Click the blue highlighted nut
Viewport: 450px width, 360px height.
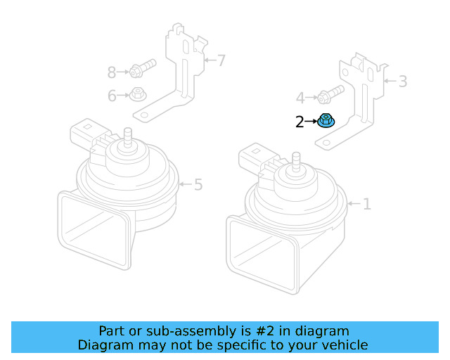[326, 121]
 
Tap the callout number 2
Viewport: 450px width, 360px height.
[300, 122]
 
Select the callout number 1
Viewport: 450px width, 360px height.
[366, 205]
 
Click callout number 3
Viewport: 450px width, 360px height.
[402, 82]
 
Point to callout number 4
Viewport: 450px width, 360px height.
[300, 98]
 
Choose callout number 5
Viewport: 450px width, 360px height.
[198, 185]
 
